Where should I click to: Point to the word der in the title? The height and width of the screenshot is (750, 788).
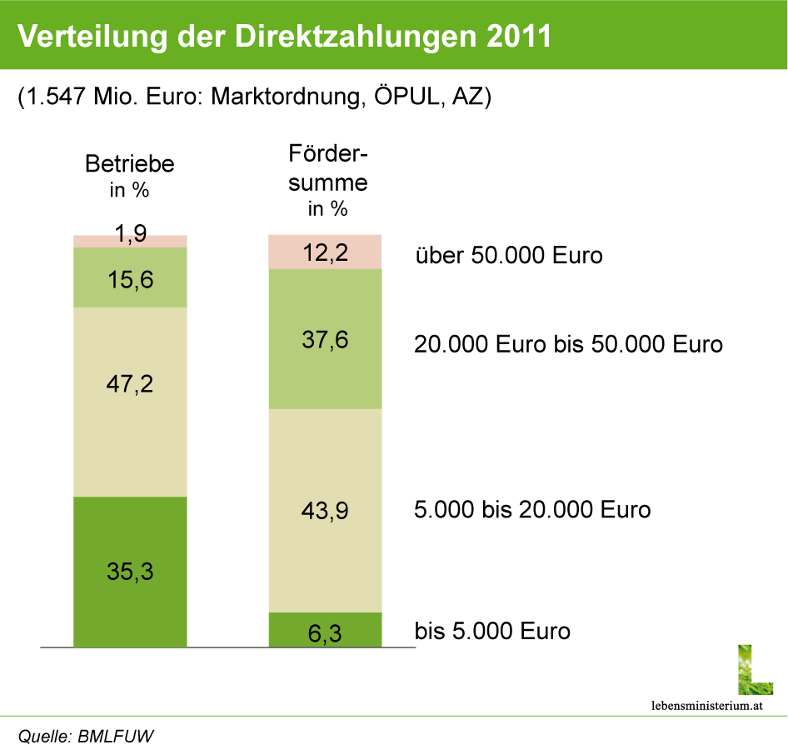200,36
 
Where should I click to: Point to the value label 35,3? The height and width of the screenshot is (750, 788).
130,572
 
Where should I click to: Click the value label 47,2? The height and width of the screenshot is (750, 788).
130,385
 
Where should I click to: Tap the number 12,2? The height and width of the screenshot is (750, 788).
325,252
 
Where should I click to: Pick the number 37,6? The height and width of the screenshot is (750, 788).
325,340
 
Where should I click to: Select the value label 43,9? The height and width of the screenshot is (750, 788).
325,511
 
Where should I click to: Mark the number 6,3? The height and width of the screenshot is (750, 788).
325,634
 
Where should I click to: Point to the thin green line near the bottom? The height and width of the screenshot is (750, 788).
394,715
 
